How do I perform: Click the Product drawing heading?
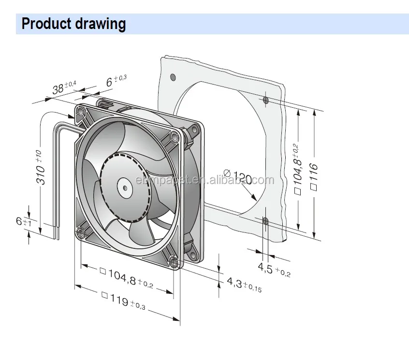click(x=73, y=24)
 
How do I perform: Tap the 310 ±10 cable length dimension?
click(x=42, y=167)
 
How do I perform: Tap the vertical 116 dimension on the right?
click(x=314, y=176)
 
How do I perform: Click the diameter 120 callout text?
click(x=237, y=177)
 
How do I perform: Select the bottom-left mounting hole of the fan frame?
click(x=81, y=235)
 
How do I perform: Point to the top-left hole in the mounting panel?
click(x=173, y=77)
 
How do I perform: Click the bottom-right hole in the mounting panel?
click(x=265, y=221)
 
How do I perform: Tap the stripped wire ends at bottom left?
click(x=57, y=234)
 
